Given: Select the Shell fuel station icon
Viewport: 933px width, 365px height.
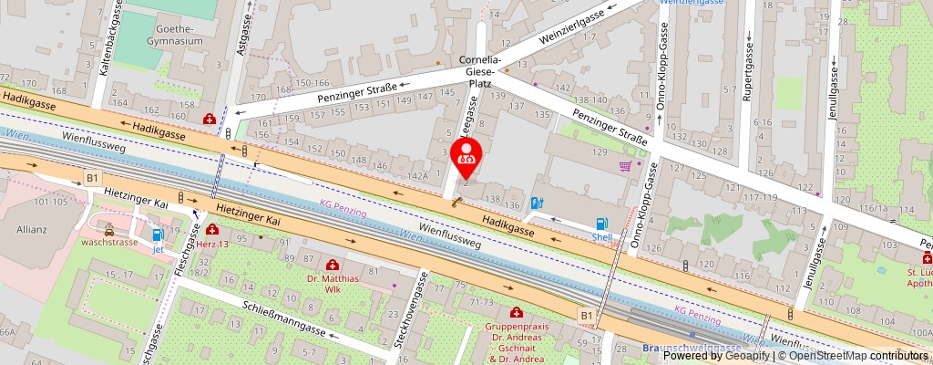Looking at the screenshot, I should [x=601, y=224].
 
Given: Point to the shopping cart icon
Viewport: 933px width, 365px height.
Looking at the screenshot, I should [x=626, y=166].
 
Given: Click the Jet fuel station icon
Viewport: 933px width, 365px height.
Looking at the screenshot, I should [x=158, y=235].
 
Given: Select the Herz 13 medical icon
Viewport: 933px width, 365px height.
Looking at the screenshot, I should [x=212, y=230].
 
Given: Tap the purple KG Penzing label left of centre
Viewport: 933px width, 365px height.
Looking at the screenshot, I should [x=343, y=208].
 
